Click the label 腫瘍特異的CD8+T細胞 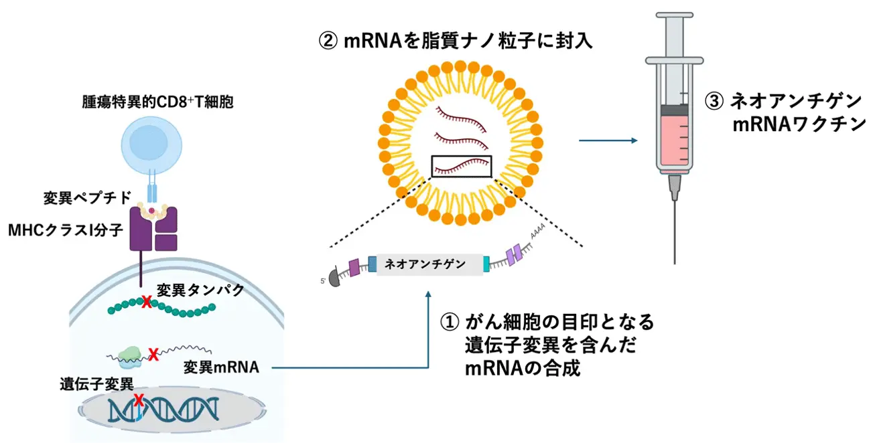(157, 104)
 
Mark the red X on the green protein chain (146, 302)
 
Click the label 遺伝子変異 (96, 384)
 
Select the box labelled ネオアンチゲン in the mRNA (429, 264)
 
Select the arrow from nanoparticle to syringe (607, 141)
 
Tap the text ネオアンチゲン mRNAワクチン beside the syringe (784, 112)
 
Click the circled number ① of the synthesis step (448, 323)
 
